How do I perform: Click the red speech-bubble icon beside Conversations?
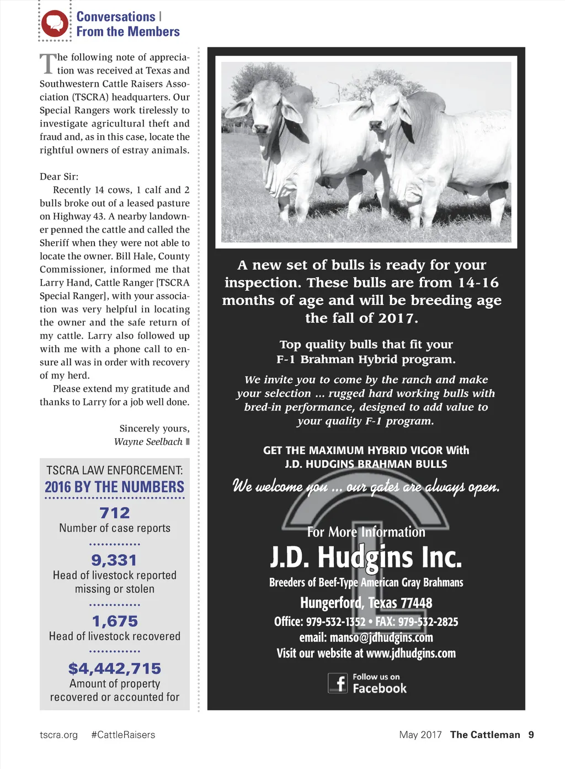click(55, 23)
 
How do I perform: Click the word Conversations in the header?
click(116, 17)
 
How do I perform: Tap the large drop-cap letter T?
click(48, 64)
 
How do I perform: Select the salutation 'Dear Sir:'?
click(59, 177)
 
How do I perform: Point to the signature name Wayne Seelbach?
click(148, 442)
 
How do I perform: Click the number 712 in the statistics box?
click(115, 513)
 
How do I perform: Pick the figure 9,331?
click(114, 560)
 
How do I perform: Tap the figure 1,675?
click(115, 621)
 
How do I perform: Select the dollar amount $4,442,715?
click(115, 668)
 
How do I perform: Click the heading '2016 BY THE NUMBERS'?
click(115, 487)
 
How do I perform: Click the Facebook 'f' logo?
click(338, 683)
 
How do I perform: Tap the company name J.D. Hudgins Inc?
click(366, 557)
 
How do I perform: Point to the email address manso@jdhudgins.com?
click(381, 638)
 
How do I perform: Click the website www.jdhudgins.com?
click(411, 654)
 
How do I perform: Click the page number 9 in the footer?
click(531, 735)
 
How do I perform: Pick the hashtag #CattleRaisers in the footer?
click(123, 735)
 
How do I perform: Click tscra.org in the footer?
click(59, 735)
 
